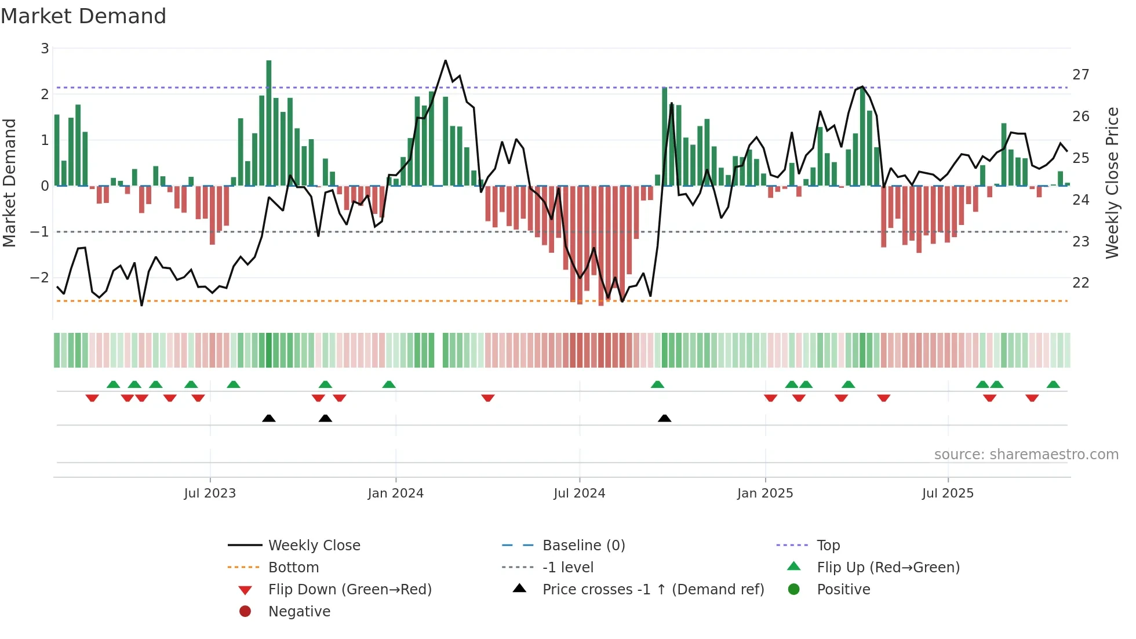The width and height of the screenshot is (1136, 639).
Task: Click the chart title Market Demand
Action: coord(83,16)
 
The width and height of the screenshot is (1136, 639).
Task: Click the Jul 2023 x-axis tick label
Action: coord(210,493)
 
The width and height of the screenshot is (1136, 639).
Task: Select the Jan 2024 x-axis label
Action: coord(395,493)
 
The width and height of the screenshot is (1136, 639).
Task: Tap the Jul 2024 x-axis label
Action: coord(579,493)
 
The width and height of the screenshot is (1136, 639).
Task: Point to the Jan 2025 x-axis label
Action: coord(765,493)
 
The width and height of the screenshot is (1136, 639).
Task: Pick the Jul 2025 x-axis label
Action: coord(948,493)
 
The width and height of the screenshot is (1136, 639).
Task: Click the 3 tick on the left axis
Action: coord(45,49)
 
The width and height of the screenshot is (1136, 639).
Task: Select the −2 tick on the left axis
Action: coord(40,278)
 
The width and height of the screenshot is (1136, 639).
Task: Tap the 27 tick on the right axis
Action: coord(1080,75)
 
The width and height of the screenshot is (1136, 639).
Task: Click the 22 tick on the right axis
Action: coord(1080,283)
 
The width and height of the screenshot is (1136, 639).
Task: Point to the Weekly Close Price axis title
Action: coord(1112,183)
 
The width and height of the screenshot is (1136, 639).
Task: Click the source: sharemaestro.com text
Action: coord(1026,455)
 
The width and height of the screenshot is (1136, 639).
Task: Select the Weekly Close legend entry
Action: coord(314,546)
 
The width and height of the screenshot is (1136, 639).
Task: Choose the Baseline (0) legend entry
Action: coord(583,546)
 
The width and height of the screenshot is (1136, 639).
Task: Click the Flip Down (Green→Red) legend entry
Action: coord(349,590)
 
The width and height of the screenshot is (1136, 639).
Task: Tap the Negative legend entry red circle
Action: coord(245,612)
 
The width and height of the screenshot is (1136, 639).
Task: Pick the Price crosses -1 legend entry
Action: coord(653,590)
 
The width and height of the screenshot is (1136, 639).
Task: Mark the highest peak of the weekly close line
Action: coord(445,61)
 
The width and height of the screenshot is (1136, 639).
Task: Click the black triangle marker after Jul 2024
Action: coord(665,418)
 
